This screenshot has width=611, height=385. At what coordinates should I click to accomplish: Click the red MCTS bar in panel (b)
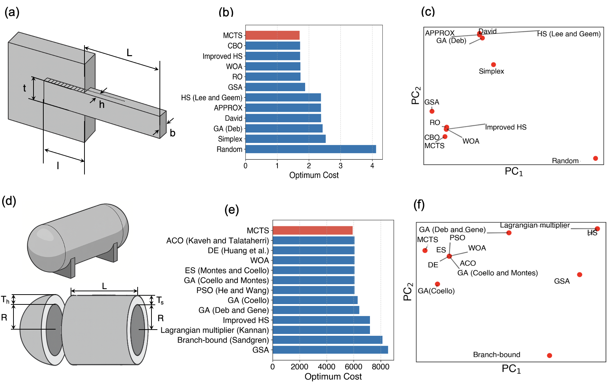coord(272,35)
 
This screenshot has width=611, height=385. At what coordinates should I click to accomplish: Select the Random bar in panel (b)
coord(311,149)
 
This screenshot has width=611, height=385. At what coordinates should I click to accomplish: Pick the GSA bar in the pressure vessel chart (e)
coord(330,350)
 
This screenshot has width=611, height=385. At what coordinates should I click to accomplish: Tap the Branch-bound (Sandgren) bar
coord(327,340)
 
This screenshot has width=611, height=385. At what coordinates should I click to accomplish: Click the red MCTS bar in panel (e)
coord(312,230)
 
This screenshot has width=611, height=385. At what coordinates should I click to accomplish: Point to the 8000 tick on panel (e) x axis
coord(381,367)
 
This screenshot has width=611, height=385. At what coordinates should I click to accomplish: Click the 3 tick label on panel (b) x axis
coord(340,166)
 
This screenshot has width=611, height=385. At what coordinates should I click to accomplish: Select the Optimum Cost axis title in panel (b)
coord(314,175)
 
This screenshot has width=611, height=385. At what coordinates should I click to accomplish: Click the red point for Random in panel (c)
coord(595,158)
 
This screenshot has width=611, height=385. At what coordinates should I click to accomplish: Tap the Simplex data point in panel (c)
coord(493,65)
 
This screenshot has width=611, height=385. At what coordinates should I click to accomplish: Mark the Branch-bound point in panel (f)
coord(549,355)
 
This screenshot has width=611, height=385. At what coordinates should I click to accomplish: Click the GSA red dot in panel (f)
coord(579,275)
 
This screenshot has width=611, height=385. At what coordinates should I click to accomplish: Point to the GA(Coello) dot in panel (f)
coord(437,284)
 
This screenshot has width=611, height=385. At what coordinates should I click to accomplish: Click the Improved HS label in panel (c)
coord(506,127)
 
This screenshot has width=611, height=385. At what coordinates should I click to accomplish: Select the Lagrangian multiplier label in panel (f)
coord(535,225)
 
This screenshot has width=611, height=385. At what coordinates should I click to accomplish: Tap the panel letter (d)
coord(9,201)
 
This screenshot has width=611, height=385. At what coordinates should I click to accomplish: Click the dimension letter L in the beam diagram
coord(129,53)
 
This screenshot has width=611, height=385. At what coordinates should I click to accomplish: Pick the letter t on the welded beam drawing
coord(24,88)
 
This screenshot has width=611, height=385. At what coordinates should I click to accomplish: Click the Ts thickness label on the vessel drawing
coord(160,300)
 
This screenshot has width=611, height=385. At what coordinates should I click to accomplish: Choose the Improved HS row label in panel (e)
coord(246,320)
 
